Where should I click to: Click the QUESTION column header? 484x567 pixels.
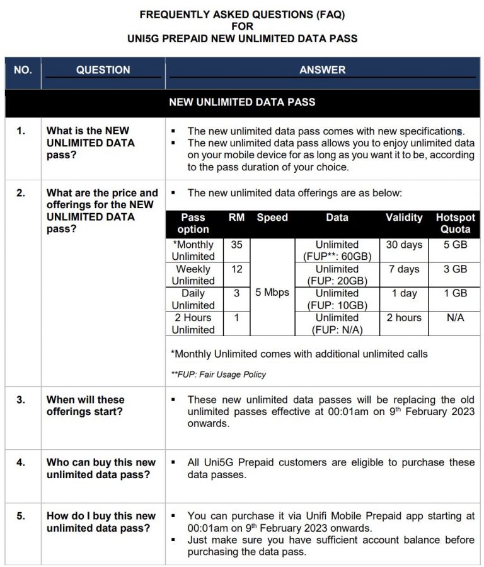point(103,70)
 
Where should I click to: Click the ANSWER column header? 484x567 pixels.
point(322,70)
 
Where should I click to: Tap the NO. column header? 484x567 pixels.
point(23,70)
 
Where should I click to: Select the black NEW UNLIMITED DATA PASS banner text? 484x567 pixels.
point(242,102)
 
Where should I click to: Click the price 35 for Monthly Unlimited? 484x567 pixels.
point(236,245)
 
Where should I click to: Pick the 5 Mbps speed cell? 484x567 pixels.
point(272,293)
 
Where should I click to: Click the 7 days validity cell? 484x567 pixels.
point(404,269)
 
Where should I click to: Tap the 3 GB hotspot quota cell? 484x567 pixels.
point(455,269)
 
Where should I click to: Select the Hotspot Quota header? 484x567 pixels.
point(455,223)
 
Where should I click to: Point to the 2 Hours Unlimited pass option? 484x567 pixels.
point(193,324)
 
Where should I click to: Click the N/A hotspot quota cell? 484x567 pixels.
point(455,318)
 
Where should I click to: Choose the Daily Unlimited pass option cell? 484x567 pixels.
point(193,299)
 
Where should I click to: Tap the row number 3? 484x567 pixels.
point(21,400)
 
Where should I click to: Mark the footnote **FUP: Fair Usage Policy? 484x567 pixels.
point(219,375)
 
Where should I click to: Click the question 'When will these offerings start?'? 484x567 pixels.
point(86,406)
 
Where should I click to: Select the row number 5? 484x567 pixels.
point(21,516)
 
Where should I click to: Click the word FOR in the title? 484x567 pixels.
point(242,26)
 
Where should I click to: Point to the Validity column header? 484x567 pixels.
point(404,218)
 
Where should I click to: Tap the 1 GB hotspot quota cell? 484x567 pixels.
point(455,293)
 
